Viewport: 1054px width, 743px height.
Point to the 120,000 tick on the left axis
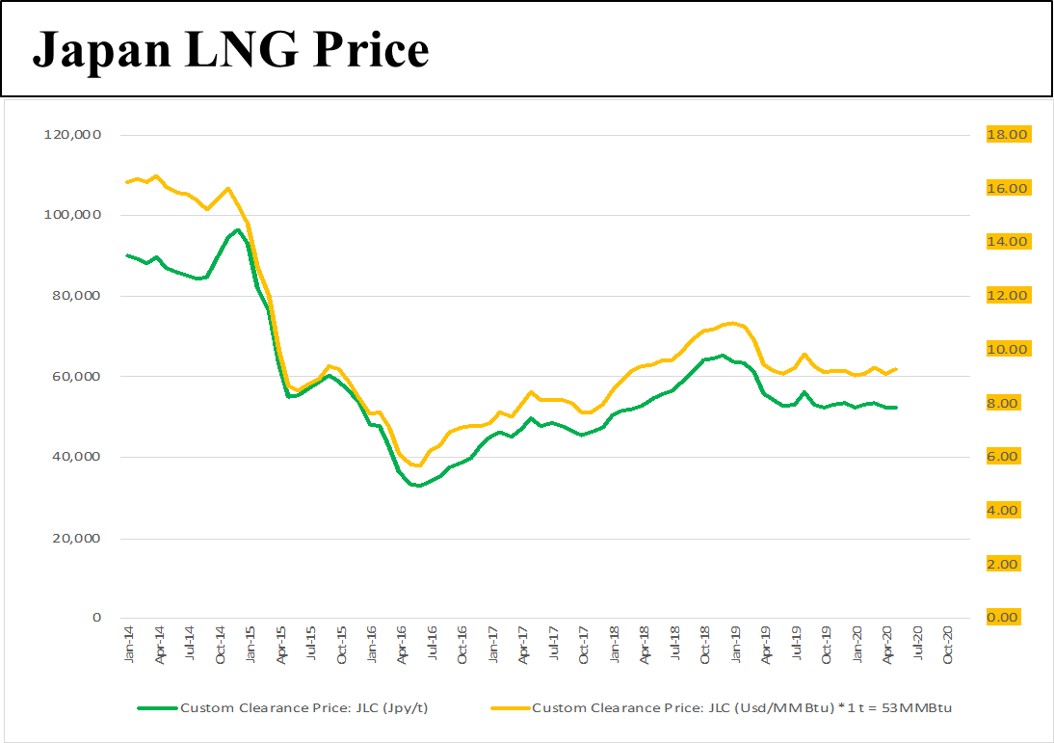coord(73,135)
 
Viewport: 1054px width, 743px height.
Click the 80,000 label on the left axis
coord(76,296)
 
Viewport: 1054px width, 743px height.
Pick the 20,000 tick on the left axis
coord(76,538)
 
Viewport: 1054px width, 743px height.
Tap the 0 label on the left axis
coord(97,618)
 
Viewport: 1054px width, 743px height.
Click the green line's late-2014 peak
coord(237,230)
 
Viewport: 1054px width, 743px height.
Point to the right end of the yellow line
coord(897,369)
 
